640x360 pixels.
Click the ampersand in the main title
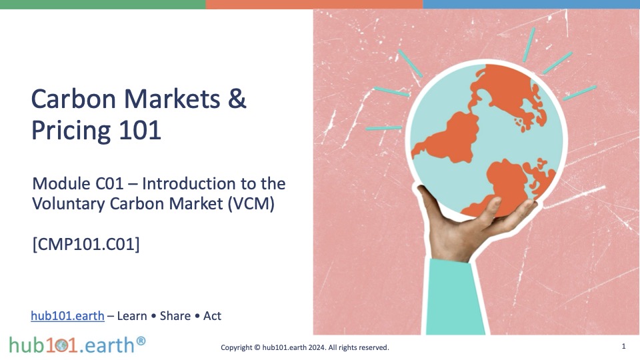[x=237, y=99]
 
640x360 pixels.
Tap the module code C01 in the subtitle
[x=109, y=184]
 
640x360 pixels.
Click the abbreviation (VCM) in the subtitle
[x=251, y=203]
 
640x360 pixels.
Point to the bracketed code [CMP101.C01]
[x=86, y=244]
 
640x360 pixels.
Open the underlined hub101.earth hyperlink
[x=68, y=316]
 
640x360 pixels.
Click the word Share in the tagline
[x=175, y=316]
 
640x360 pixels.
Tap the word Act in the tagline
[x=212, y=316]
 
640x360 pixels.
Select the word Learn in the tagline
[x=132, y=316]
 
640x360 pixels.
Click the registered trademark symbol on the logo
[x=141, y=341]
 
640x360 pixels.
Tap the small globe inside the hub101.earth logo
[x=62, y=346]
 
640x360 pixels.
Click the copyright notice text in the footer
[x=305, y=347]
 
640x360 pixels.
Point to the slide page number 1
[x=623, y=346]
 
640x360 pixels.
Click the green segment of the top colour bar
[x=103, y=4]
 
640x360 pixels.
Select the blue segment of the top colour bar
[x=531, y=4]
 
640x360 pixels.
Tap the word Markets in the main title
[x=172, y=99]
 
